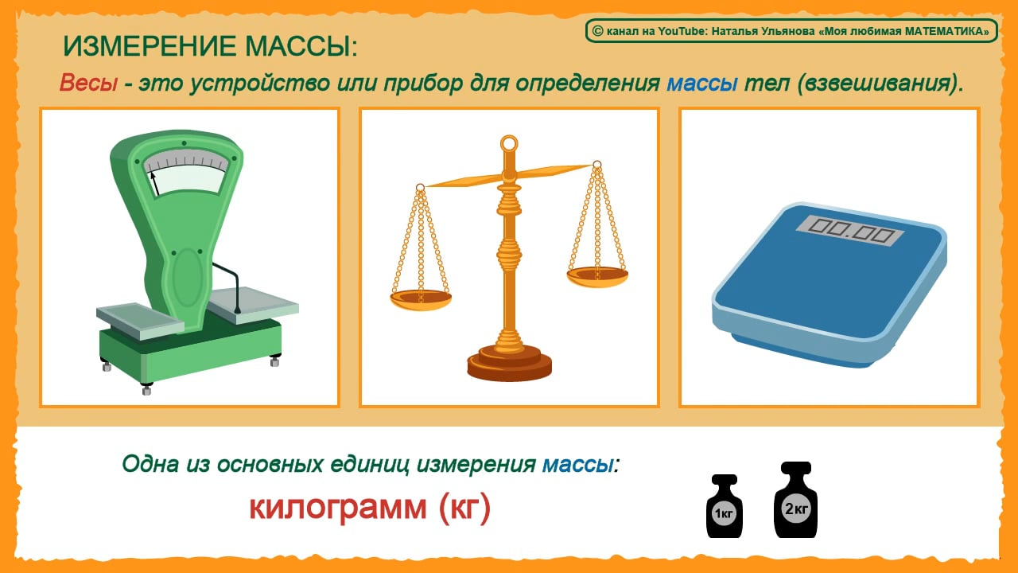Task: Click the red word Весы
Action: point(87,84)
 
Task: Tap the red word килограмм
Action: point(338,507)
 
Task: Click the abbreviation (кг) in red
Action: point(464,507)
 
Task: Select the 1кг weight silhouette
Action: point(724,508)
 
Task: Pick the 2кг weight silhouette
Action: point(795,503)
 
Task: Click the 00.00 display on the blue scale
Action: point(849,230)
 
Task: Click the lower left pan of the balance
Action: point(421,298)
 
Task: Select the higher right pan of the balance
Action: point(597,275)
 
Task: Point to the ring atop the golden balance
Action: point(509,144)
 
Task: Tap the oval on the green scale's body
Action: point(188,277)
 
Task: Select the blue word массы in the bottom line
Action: point(578,463)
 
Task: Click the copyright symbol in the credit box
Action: point(596,31)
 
